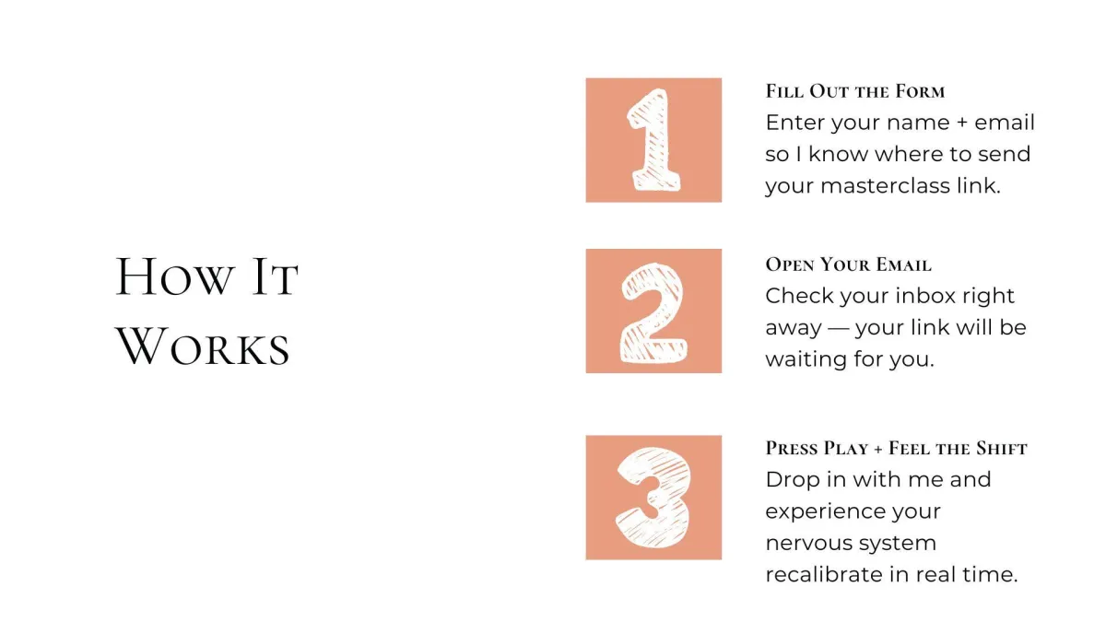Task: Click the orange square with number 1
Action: (x=653, y=140)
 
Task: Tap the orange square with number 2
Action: (x=653, y=311)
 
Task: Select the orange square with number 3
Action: (x=653, y=497)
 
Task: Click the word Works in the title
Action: (x=203, y=346)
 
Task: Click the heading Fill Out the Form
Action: (x=854, y=91)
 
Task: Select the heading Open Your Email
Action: (x=848, y=264)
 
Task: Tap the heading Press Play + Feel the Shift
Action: (x=896, y=448)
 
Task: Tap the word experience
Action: (x=826, y=512)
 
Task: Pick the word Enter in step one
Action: (x=794, y=123)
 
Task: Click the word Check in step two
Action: (x=799, y=296)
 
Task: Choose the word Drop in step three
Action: (x=793, y=480)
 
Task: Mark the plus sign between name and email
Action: (x=962, y=123)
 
